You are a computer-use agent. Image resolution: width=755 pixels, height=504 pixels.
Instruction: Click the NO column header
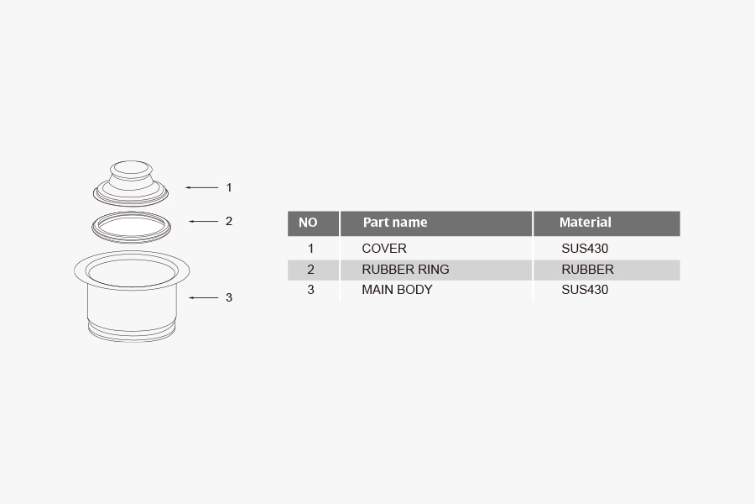click(x=308, y=223)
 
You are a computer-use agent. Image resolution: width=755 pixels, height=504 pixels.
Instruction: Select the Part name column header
click(x=394, y=223)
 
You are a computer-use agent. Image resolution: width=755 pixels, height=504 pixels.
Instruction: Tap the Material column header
click(x=585, y=223)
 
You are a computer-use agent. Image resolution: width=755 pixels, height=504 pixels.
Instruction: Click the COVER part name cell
click(x=384, y=249)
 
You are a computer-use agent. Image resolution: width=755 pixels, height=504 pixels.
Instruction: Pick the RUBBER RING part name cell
click(x=405, y=270)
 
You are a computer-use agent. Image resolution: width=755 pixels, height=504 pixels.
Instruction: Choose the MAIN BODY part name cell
click(x=397, y=290)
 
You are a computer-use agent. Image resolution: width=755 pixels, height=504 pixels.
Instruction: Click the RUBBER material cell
click(x=587, y=270)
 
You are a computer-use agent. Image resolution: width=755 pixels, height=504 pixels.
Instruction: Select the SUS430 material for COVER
click(x=585, y=249)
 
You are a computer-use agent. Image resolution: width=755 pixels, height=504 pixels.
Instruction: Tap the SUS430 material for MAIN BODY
click(x=585, y=290)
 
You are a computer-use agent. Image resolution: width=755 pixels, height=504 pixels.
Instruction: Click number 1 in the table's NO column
click(x=310, y=249)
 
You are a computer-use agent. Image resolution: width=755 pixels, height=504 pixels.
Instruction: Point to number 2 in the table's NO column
click(x=310, y=270)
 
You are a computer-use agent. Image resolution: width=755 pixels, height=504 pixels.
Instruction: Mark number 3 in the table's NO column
click(x=310, y=290)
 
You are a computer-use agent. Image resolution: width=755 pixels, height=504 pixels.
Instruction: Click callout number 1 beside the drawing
click(x=228, y=187)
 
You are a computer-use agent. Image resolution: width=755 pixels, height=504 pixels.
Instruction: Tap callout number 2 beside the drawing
click(x=228, y=222)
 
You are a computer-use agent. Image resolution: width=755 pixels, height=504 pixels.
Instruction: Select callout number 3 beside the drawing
click(x=228, y=297)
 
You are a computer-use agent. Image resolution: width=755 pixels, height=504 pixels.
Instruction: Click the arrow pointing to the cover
click(x=201, y=187)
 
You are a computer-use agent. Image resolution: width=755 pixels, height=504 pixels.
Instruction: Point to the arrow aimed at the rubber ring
click(x=203, y=222)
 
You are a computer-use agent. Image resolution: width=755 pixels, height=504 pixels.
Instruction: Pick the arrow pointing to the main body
click(x=203, y=297)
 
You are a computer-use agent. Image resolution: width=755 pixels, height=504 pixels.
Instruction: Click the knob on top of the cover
click(x=131, y=168)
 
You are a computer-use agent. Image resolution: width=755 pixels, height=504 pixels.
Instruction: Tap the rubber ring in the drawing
click(x=132, y=217)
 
